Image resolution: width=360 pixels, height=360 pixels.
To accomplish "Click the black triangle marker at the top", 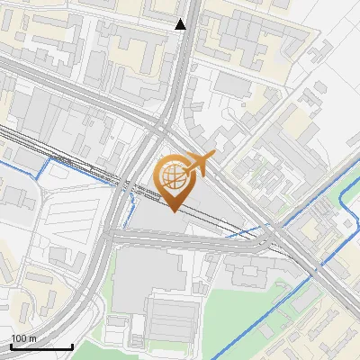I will coord(181,24).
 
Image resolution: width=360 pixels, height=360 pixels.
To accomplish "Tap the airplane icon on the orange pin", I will coord(199,163).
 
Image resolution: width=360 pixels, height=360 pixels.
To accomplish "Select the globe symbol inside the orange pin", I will coord(173,176).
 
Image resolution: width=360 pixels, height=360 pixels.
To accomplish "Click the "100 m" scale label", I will coord(23,338).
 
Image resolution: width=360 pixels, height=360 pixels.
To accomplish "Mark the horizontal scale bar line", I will coord(41,346).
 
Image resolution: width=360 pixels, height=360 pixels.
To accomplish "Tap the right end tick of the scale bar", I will coord(72,345).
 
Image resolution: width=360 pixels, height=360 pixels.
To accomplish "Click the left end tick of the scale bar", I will coord(11,345).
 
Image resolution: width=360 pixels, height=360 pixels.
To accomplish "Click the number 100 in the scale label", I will coord(19,338).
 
